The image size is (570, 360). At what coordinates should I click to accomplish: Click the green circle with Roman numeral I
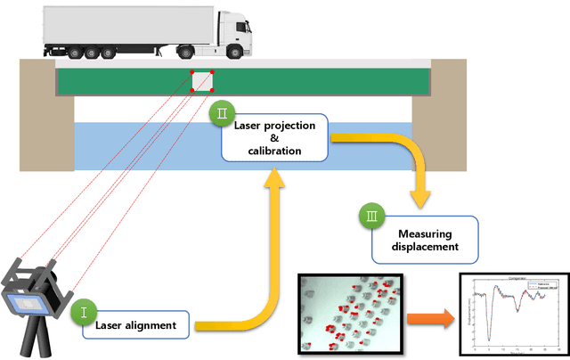(83, 313)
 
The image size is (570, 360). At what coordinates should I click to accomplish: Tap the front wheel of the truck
(239, 53)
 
